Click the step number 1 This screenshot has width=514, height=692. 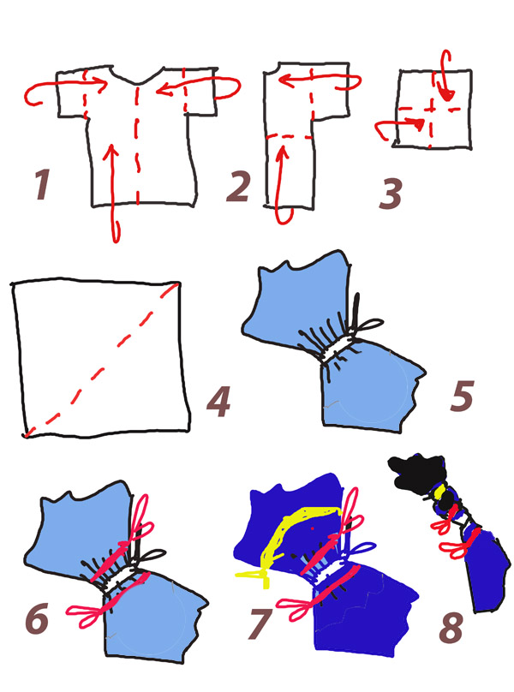(43, 184)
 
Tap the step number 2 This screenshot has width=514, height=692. (238, 185)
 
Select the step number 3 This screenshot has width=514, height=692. (391, 194)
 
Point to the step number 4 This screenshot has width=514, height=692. (219, 401)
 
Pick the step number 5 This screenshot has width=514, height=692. (462, 396)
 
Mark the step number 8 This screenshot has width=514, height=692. (451, 627)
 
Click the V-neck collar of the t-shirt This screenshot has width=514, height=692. (137, 80)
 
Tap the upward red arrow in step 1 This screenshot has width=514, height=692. (113, 192)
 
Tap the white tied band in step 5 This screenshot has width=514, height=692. (339, 348)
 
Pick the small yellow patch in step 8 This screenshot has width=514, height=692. (439, 492)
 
